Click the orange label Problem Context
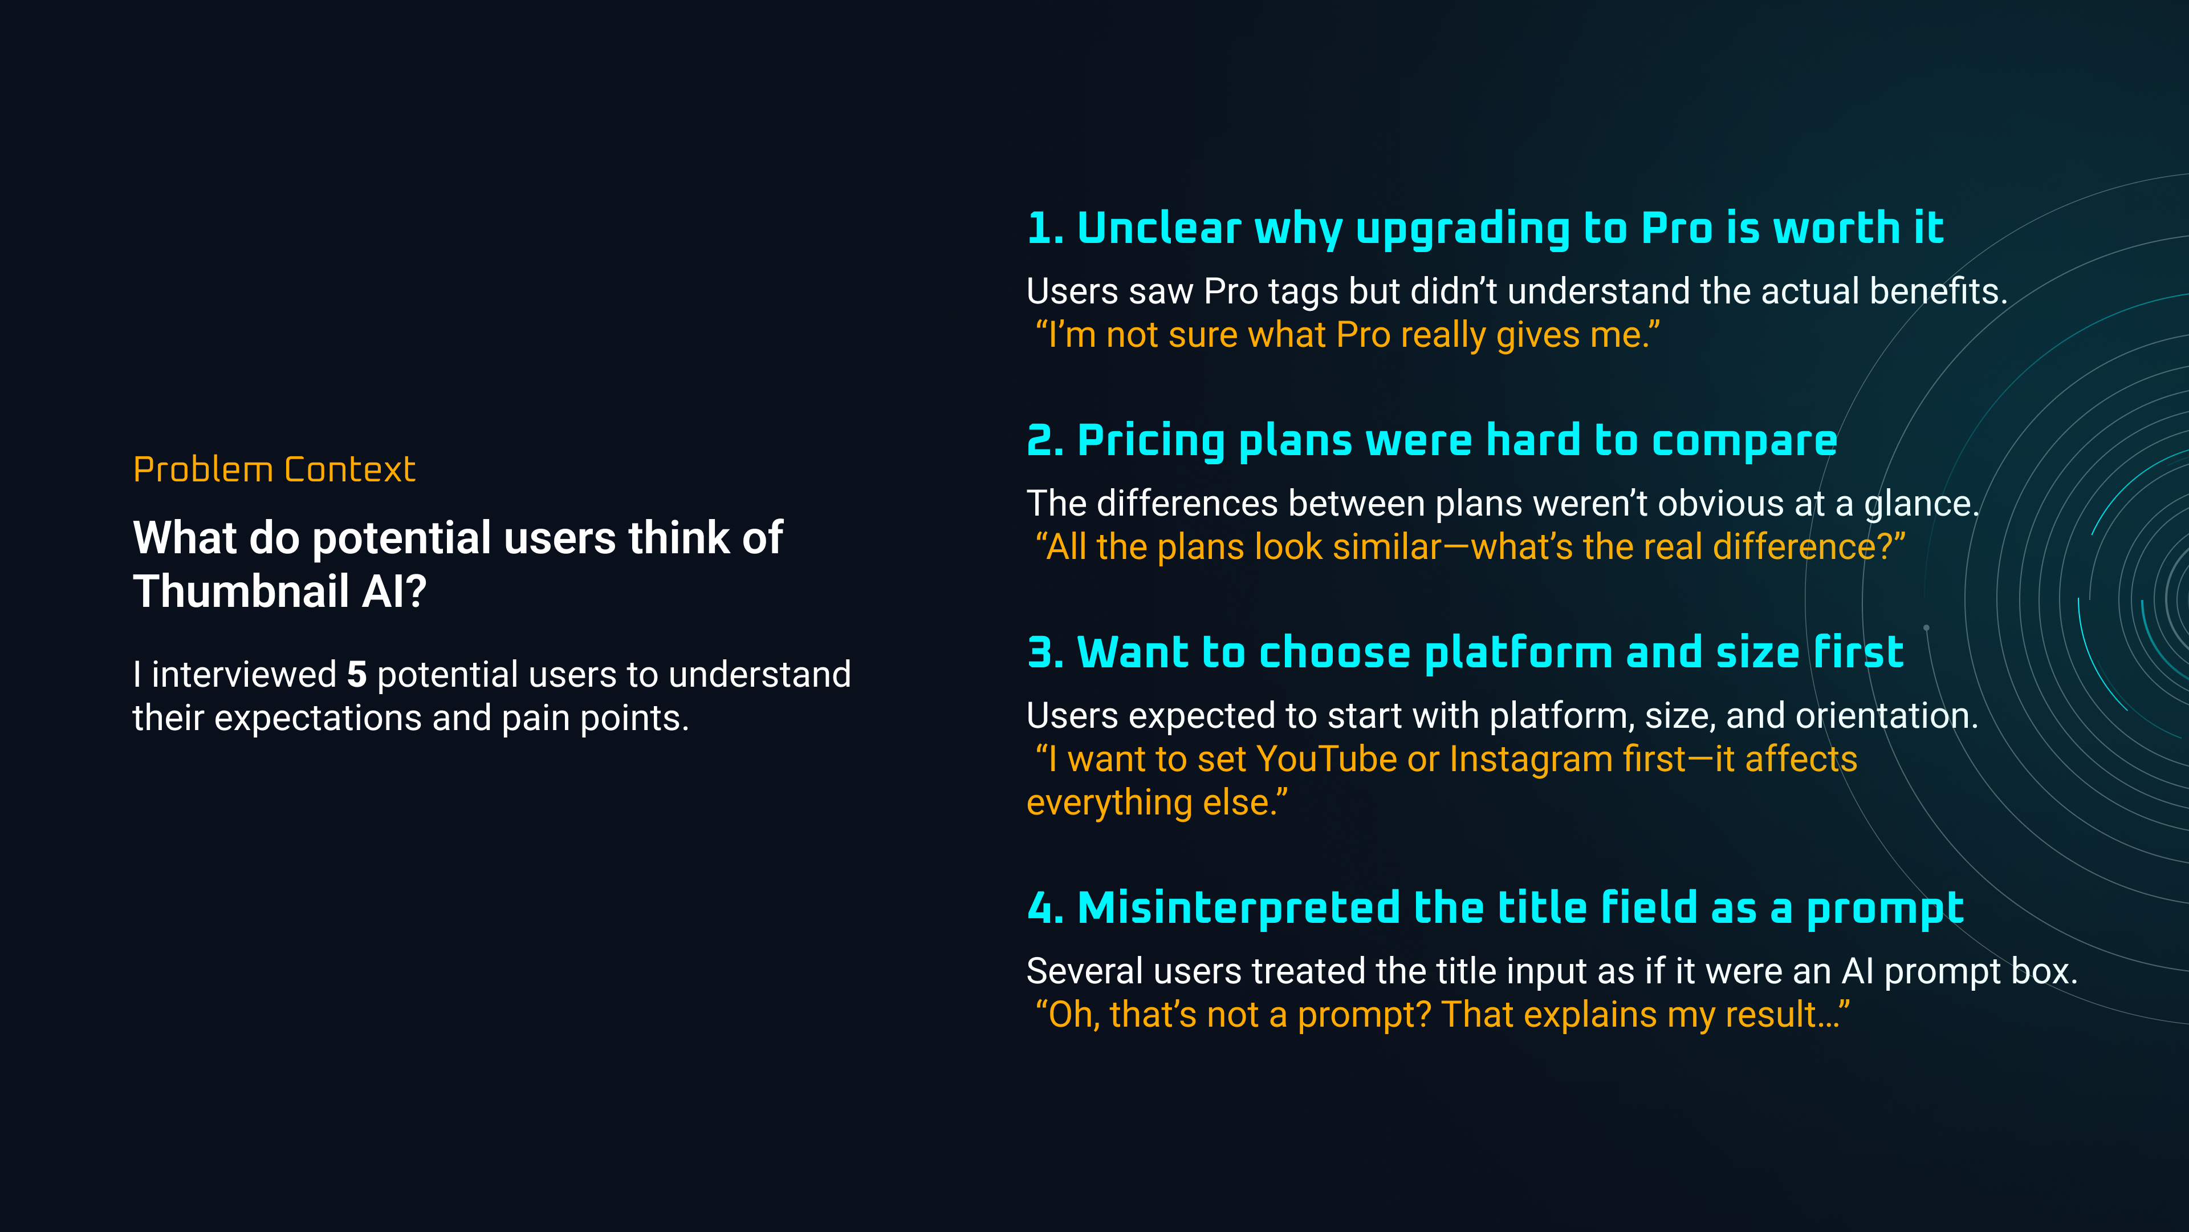coord(274,469)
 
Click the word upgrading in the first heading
coord(1462,229)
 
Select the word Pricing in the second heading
coord(1150,441)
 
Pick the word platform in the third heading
coord(1517,654)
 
